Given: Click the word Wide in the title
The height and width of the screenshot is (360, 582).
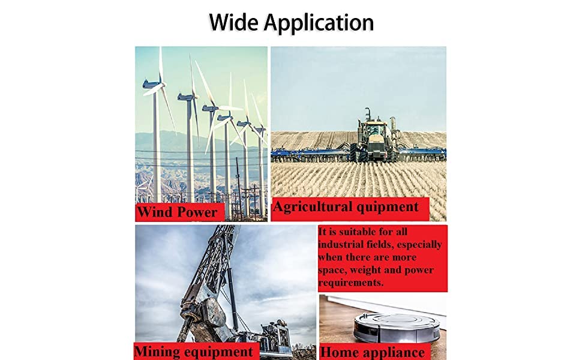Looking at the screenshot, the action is (x=233, y=22).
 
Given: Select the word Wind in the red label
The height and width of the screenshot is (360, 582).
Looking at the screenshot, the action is (x=154, y=212).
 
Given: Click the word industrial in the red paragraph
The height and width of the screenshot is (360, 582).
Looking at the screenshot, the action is (x=335, y=245).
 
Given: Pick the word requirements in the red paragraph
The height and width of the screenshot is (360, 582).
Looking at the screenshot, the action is (x=351, y=283).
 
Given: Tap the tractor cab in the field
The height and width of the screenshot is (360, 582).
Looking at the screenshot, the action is (x=373, y=130).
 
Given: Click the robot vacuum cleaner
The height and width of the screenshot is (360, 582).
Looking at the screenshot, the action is (x=397, y=327).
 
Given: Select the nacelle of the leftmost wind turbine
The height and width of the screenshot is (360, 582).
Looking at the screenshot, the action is (x=152, y=85).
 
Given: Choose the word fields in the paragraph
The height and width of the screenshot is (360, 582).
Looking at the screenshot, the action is (x=374, y=245).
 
